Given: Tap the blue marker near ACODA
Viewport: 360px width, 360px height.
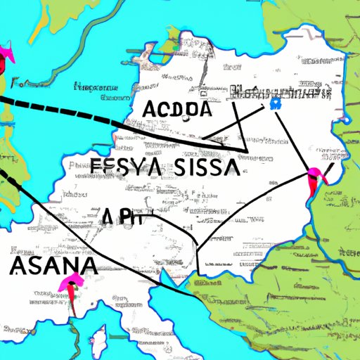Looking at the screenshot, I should pos(274,104).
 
